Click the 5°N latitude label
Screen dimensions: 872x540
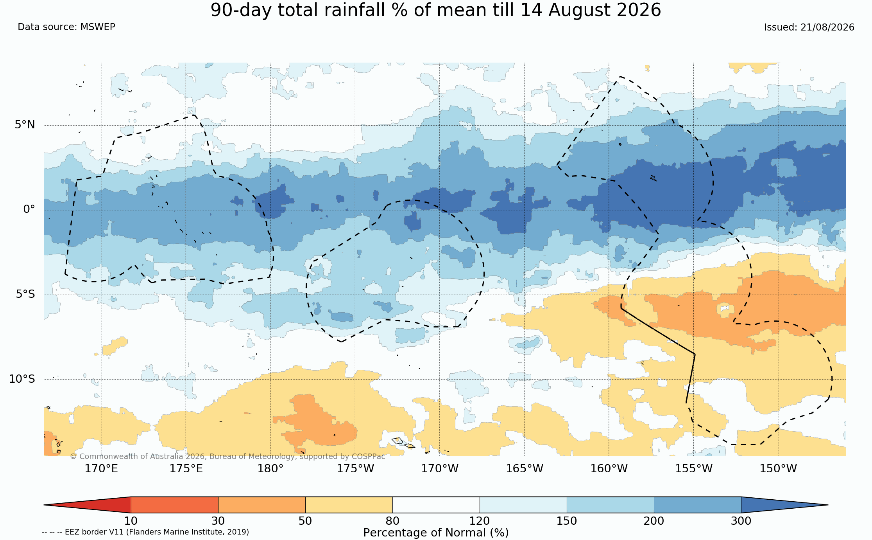click(25, 124)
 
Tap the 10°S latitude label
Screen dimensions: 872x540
click(22, 379)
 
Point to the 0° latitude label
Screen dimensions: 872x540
click(29, 209)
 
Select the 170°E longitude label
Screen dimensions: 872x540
click(101, 468)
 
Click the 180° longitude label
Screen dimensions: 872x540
click(270, 468)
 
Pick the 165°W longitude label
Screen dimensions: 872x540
click(525, 468)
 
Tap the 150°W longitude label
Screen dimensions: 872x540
click(778, 468)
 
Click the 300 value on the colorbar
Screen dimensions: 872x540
click(741, 521)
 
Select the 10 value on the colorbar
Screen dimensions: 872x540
click(131, 521)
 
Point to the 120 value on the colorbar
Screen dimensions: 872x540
click(480, 521)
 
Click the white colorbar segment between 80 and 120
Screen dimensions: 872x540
click(436, 505)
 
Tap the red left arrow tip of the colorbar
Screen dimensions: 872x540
click(44, 505)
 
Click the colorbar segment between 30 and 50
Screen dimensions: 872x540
click(262, 505)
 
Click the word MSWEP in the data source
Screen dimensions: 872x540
click(98, 27)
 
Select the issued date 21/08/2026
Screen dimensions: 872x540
click(827, 27)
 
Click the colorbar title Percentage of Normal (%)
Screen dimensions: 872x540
click(436, 533)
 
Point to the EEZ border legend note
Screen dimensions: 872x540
click(145, 532)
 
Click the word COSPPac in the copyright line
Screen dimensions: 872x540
click(368, 456)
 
